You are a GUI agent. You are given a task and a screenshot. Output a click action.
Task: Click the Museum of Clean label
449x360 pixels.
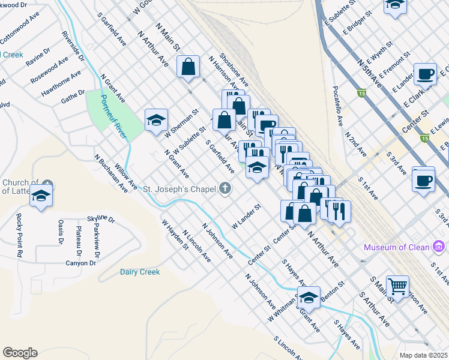coord(397,247)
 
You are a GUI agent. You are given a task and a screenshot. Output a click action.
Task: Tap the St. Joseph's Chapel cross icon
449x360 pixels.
coord(225,188)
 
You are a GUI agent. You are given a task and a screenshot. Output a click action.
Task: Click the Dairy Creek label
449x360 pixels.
coord(140,272)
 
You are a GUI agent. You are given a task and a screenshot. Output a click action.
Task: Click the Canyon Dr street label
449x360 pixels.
coord(80,263)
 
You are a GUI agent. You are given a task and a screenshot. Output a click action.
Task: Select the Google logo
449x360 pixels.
coord(20,353)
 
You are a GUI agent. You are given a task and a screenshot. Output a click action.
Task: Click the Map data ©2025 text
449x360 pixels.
coord(423,355)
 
